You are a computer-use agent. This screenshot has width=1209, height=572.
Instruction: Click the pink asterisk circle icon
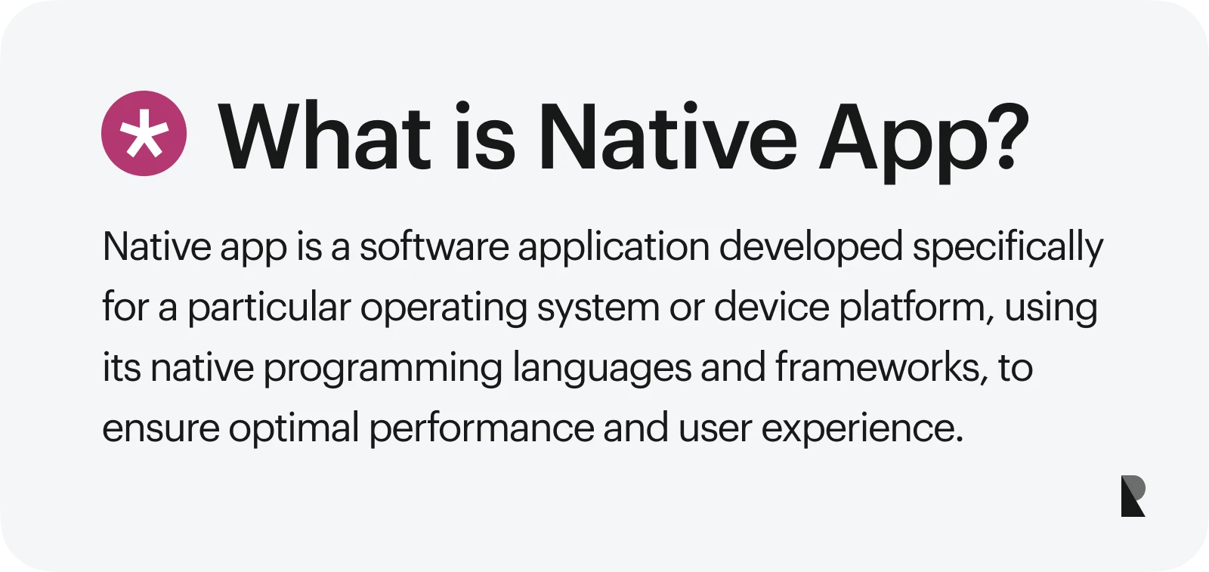144,134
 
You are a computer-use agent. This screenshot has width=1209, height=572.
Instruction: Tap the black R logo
1133,496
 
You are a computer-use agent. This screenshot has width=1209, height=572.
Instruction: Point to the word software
434,247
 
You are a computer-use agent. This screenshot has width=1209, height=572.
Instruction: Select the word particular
269,308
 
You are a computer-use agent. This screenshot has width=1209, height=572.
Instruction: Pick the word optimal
294,429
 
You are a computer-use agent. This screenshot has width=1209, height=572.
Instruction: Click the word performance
481,429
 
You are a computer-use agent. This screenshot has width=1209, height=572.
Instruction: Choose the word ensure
161,429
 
